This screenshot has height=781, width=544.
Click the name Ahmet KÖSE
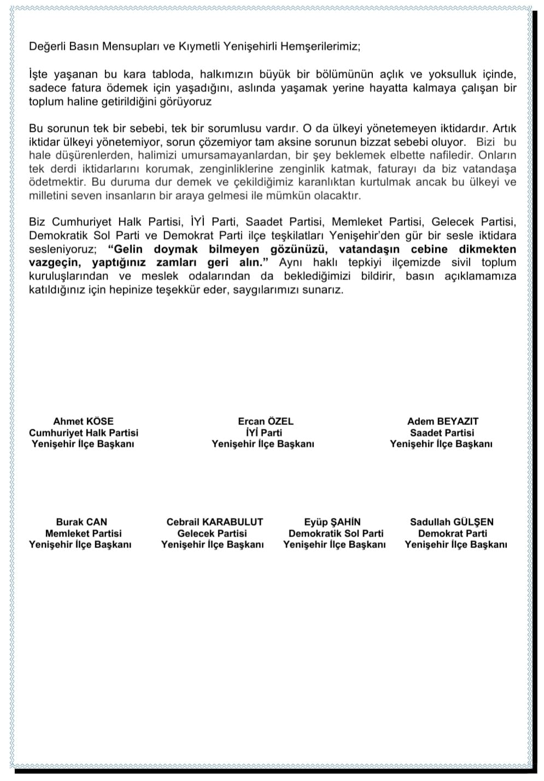(83, 421)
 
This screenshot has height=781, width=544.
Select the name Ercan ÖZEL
(266, 421)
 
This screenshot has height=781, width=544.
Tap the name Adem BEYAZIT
(442, 421)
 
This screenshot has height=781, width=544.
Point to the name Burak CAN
(81, 522)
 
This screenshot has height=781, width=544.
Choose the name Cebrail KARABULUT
(214, 522)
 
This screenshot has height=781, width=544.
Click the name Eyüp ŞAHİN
(332, 522)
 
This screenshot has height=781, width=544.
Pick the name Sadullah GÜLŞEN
(452, 522)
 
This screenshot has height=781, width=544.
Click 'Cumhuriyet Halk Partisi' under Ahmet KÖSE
(84, 433)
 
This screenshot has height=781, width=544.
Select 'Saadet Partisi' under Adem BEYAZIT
(442, 433)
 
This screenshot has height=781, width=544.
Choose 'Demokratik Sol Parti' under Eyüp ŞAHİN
(336, 533)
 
